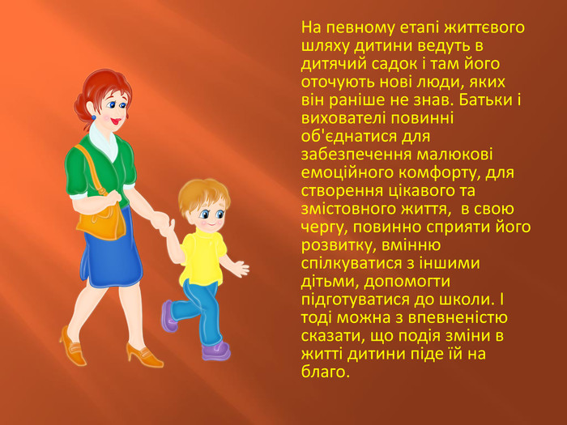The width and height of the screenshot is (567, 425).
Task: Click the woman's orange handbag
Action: (x=101, y=222)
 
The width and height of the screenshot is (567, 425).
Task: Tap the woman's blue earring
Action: (x=93, y=117)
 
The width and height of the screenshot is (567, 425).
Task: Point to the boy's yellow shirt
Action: (x=202, y=257)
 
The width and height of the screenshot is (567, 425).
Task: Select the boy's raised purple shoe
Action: (x=168, y=317)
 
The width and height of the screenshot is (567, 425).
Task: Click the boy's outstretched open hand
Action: (x=241, y=269)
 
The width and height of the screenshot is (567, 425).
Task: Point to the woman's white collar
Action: (x=103, y=142)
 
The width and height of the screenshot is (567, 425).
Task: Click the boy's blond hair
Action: (x=203, y=195)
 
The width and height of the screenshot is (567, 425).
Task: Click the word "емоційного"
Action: (x=347, y=172)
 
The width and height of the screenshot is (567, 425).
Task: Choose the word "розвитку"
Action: (x=339, y=246)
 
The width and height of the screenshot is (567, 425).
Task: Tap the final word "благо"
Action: (x=326, y=372)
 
